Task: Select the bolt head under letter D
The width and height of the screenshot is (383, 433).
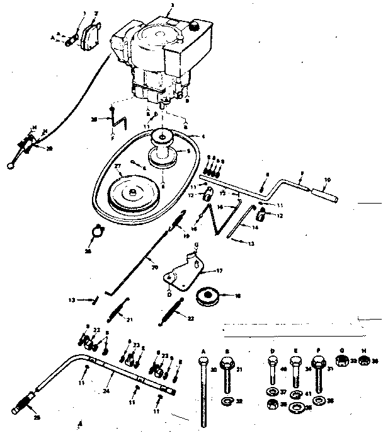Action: (x=272, y=362)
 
